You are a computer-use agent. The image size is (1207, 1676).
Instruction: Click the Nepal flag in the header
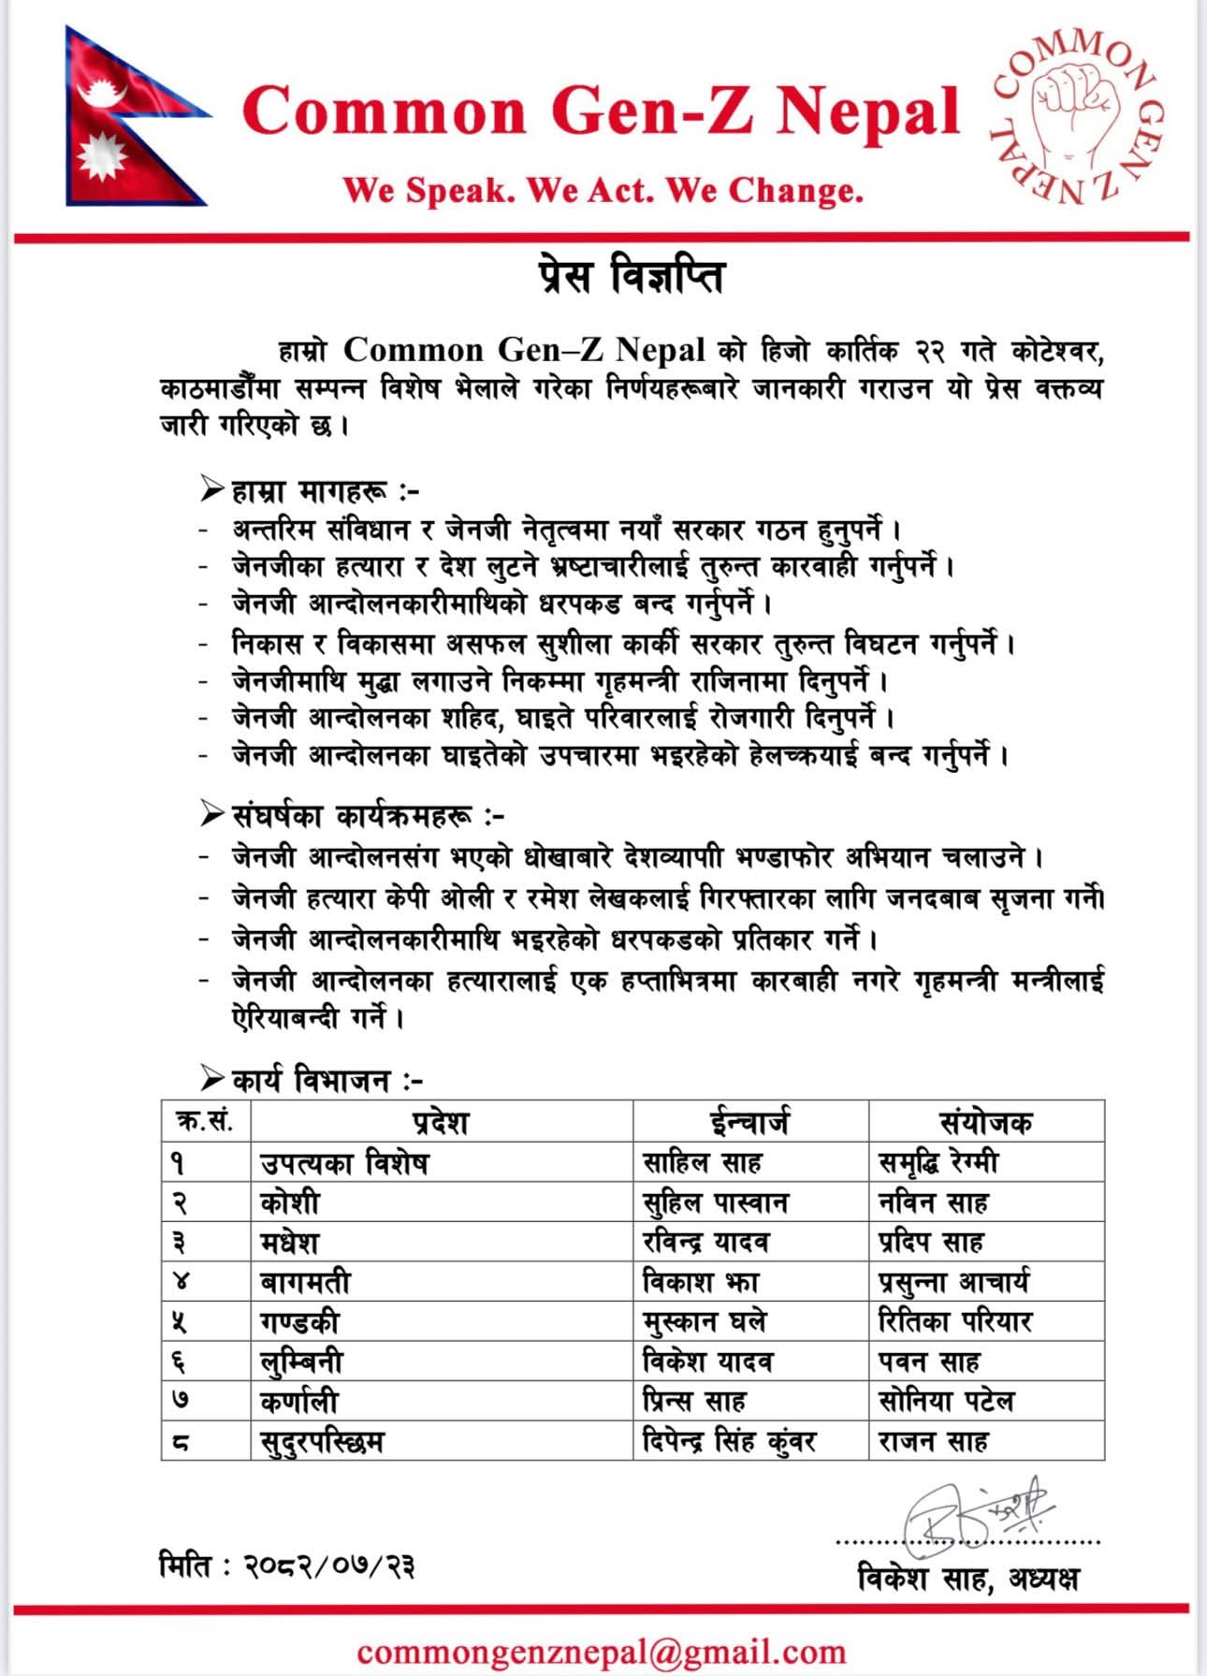[x=131, y=117]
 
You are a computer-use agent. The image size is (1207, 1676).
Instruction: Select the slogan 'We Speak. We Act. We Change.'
[x=603, y=191]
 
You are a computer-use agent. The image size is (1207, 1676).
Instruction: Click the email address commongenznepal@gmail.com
[x=601, y=1651]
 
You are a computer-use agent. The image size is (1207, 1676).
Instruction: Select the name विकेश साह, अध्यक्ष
[x=967, y=1579]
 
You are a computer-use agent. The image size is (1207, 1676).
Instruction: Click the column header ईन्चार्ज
[x=749, y=1121]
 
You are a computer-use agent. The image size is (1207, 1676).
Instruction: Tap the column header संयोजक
[x=985, y=1121]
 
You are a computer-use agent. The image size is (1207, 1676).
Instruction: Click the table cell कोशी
[x=291, y=1202]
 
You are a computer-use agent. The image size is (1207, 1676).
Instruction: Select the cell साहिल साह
[x=702, y=1162]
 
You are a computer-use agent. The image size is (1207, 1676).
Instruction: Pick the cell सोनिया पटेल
[x=946, y=1401]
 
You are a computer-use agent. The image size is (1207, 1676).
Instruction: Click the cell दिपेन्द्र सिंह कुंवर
[x=729, y=1441]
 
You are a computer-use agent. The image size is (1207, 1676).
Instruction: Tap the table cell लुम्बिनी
[x=302, y=1362]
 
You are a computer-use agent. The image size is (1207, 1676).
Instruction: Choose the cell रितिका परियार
[x=954, y=1321]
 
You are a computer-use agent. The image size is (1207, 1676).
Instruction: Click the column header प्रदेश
[x=441, y=1121]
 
